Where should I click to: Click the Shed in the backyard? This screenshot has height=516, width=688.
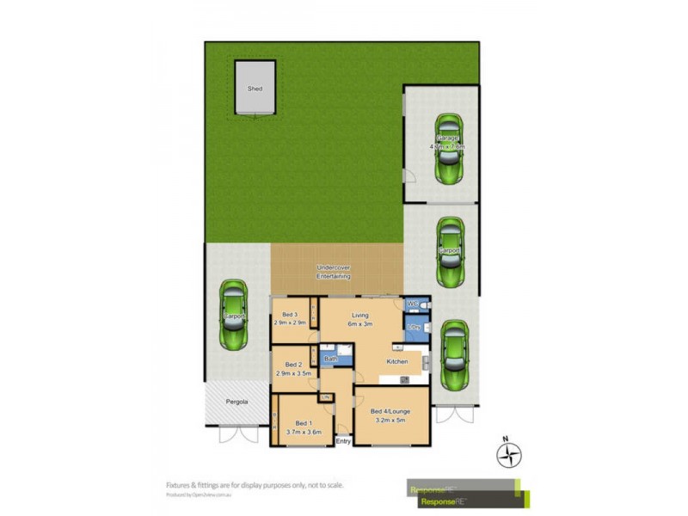255,88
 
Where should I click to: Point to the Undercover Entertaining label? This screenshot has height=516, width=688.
335,273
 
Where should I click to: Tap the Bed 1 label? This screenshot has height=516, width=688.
303,423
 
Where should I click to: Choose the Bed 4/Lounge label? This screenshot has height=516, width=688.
390,411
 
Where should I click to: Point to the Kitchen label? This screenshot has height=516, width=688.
396,362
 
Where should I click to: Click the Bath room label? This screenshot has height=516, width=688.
330,358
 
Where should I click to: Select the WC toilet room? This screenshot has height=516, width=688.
412,304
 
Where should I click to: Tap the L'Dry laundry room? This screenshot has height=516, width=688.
414,328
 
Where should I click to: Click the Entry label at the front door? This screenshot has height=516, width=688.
344,442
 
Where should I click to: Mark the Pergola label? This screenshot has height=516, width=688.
237,402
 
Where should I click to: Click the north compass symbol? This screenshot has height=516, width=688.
509,452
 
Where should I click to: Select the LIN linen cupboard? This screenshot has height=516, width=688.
326,396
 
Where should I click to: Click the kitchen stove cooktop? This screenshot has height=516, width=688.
404,379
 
